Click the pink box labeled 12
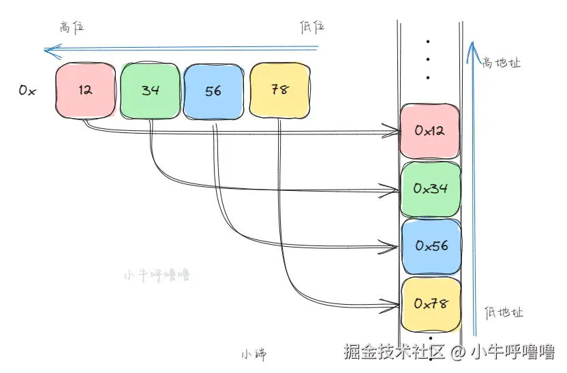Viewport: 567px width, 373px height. coord(86,90)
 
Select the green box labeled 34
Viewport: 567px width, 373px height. coord(150,91)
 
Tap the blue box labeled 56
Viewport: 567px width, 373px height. coord(213,91)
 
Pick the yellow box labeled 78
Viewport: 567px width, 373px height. coord(280,90)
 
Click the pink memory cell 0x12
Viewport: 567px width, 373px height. coord(429,131)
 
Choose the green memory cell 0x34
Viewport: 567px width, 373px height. coord(431,189)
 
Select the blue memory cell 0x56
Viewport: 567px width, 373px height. coord(431,246)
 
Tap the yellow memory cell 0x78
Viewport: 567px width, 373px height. coord(431,304)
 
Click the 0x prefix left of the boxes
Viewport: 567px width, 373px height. coord(27,90)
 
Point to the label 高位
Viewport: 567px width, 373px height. coord(72,27)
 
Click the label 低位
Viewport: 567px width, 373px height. coord(311,27)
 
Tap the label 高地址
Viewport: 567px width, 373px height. coord(501,63)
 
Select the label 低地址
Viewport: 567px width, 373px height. coord(504,312)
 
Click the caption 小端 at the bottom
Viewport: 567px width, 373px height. coord(254,354)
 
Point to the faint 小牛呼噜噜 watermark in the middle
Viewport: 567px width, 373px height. coord(157,275)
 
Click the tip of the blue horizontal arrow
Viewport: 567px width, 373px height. coord(44,50)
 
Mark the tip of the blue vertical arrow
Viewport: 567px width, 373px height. coord(472,43)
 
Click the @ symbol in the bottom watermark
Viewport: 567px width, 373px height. coord(457,352)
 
